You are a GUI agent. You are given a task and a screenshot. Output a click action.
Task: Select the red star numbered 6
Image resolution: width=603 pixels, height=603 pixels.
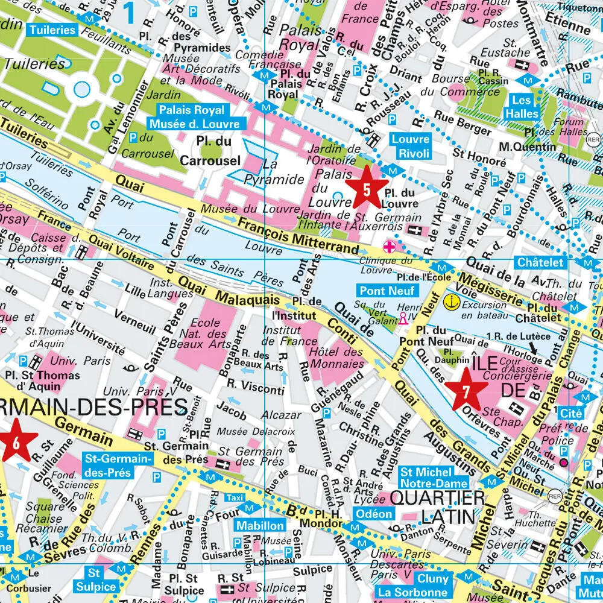(15, 441)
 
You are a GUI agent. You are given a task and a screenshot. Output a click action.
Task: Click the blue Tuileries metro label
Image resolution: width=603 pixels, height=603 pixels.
(52, 30)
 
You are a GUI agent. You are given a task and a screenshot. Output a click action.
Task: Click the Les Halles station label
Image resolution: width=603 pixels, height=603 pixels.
(522, 107)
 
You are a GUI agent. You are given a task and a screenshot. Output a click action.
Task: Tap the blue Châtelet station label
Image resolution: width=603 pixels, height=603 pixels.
(540, 262)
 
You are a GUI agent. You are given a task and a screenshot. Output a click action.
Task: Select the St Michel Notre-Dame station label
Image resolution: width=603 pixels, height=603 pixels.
(434, 478)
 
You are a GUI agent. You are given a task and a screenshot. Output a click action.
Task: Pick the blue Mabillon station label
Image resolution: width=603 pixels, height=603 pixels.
(260, 525)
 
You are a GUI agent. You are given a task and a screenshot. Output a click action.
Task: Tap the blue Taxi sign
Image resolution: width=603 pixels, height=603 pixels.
(235, 497)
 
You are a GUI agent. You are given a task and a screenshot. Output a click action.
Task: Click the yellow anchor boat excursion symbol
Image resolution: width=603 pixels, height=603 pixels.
(450, 300)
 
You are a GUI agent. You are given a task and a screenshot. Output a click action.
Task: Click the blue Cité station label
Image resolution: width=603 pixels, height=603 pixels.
(570, 414)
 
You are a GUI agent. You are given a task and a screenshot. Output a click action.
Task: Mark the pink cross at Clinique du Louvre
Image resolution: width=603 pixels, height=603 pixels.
(390, 246)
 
